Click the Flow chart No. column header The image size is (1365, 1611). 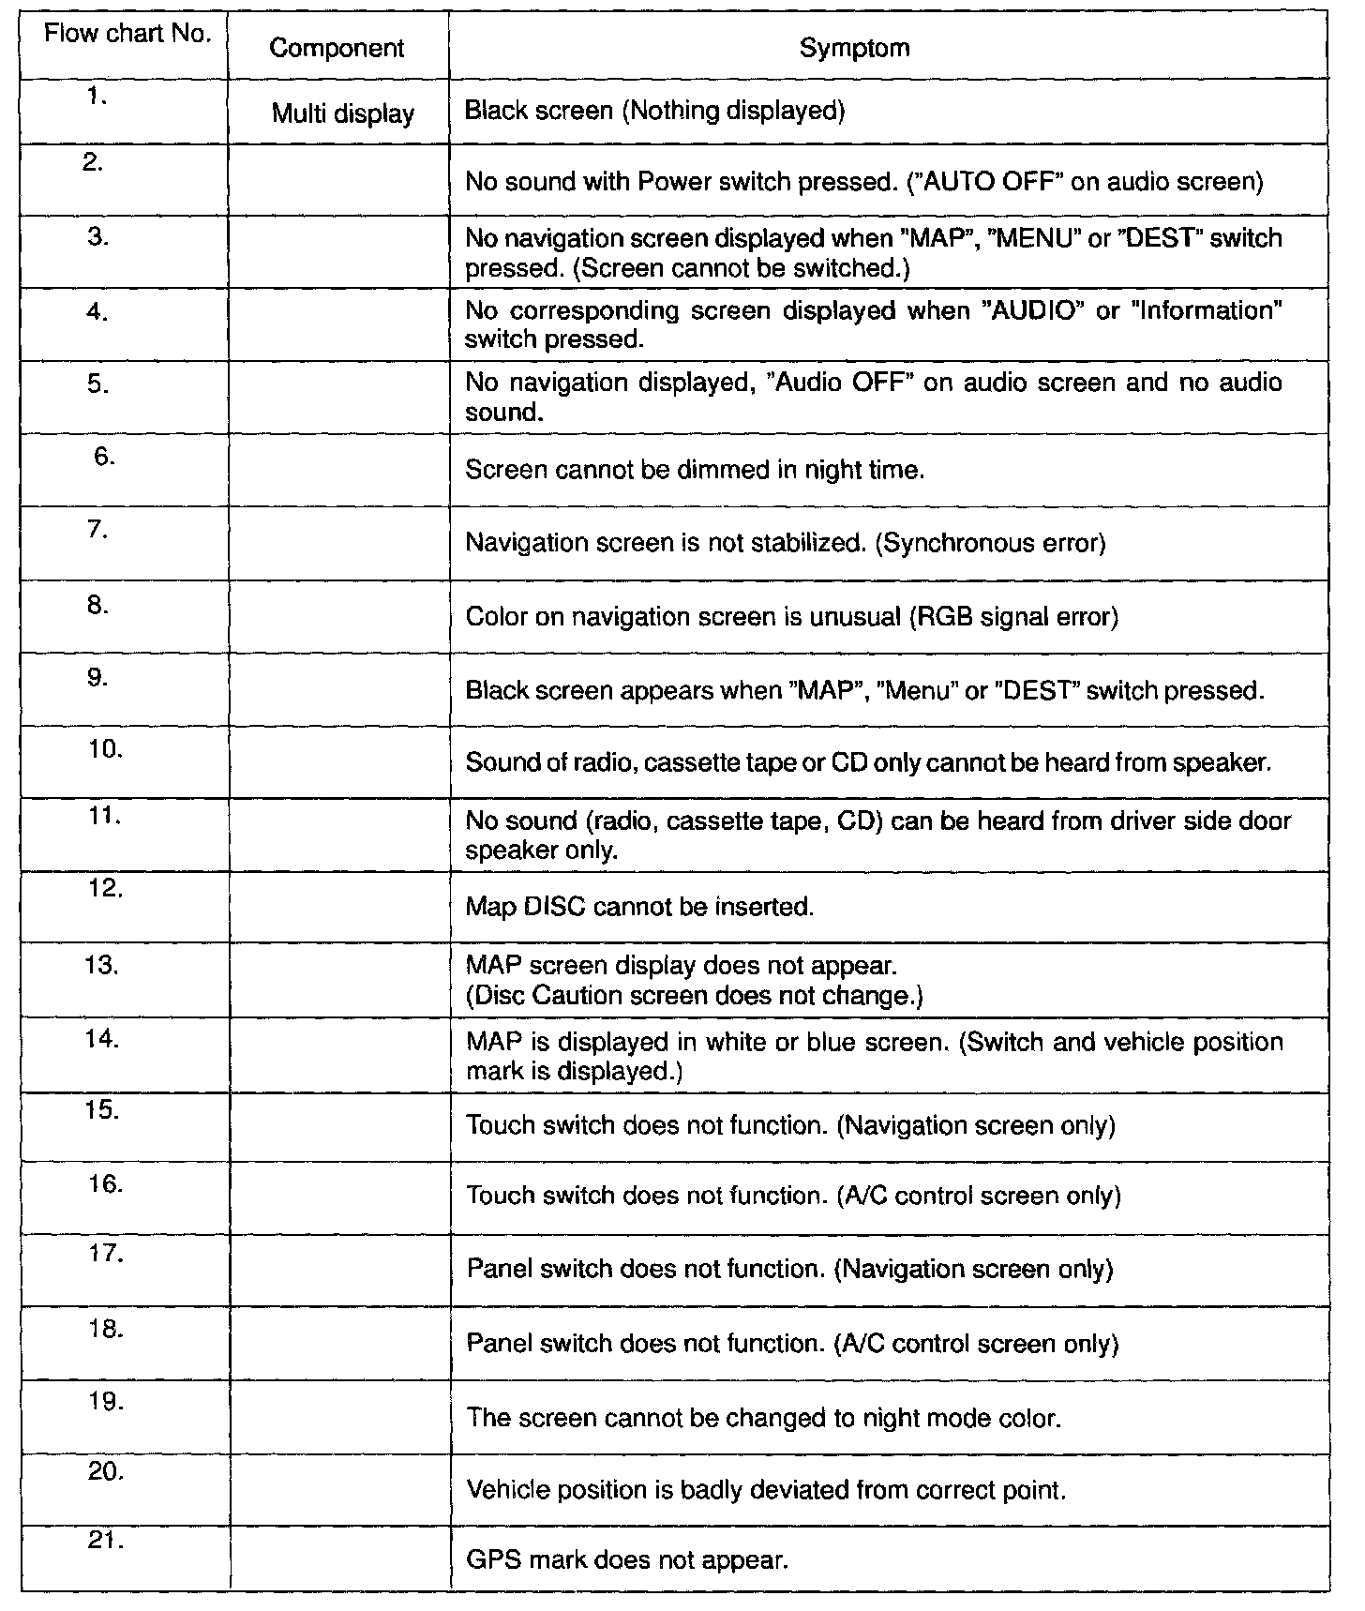coord(128,36)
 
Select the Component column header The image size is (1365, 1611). coord(337,49)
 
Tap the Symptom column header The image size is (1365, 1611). coord(854,48)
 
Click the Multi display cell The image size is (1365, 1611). coord(343,114)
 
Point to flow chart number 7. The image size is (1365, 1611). coord(98,531)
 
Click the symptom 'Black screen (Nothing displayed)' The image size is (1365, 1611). coord(655,112)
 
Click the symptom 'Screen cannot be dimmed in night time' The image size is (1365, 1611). coord(695,470)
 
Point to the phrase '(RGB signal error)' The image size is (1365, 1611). coord(1013,618)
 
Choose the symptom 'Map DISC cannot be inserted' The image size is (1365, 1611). coord(639,908)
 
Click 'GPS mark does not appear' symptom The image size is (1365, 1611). coord(627,1561)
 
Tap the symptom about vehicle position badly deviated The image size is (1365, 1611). coord(766,1490)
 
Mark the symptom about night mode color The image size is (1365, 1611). coord(763,1417)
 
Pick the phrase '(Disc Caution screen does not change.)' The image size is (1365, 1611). coord(694,996)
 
